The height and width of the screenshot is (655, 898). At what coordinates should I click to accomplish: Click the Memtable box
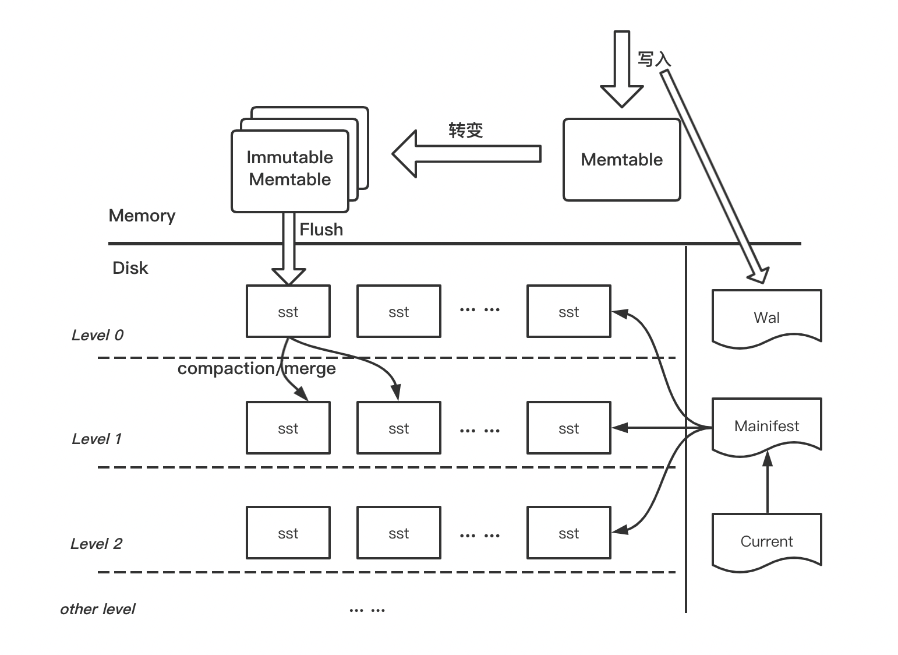(x=621, y=160)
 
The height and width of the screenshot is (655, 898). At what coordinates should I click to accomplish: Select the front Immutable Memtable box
(x=289, y=170)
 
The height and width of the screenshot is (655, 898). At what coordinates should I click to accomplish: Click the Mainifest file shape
(x=766, y=425)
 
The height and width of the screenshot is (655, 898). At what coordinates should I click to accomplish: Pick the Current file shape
(x=766, y=541)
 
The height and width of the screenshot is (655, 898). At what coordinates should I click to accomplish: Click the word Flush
(x=321, y=230)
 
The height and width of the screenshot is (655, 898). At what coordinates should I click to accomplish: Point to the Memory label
(x=142, y=216)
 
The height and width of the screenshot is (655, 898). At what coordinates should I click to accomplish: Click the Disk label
(x=130, y=268)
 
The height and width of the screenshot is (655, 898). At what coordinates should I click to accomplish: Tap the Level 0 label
(x=97, y=335)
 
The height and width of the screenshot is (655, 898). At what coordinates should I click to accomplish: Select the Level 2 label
(x=96, y=544)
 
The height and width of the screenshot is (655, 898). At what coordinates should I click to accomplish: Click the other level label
(x=97, y=609)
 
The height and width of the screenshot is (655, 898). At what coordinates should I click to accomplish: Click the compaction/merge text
(x=256, y=368)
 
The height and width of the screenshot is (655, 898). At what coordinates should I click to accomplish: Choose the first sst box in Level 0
(x=288, y=311)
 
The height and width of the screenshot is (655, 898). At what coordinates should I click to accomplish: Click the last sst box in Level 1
(x=568, y=428)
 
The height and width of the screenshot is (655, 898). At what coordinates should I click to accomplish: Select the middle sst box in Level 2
(x=398, y=533)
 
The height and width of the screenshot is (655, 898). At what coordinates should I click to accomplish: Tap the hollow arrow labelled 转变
(x=466, y=154)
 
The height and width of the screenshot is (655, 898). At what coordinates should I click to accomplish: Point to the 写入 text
(x=654, y=59)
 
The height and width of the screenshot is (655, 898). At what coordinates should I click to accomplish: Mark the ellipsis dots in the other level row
(x=367, y=610)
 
